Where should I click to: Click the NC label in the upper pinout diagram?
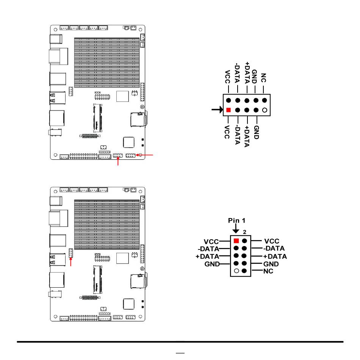tap(264, 78)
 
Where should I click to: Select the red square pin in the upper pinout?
tap(228, 110)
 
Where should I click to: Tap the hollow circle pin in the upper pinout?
tap(265, 110)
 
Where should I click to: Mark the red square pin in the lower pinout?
tap(236, 240)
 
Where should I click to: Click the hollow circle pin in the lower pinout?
tap(236, 271)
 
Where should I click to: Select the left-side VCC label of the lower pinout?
tap(211, 241)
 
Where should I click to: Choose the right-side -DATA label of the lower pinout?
tap(274, 248)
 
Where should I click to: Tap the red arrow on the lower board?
tap(71, 261)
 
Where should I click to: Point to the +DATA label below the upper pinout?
tap(246, 136)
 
